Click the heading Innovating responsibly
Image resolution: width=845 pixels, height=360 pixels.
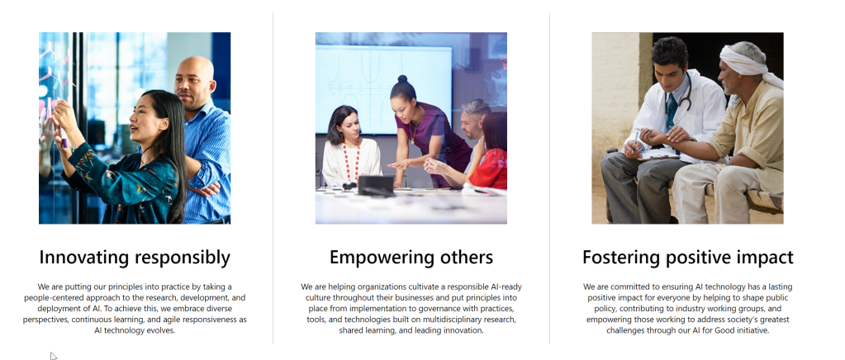coord(135,258)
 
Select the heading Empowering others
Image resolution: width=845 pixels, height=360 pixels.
coord(411,257)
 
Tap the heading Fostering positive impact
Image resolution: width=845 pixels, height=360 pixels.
coord(687,258)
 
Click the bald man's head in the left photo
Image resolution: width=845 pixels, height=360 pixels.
coord(195,79)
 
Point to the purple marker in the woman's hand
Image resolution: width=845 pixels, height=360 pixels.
coord(64,140)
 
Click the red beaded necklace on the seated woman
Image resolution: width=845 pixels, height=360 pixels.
coord(351,161)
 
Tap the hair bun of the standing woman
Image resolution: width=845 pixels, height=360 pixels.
coord(402,78)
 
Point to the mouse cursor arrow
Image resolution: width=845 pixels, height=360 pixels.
coord(54,356)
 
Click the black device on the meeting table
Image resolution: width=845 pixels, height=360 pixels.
coord(376,186)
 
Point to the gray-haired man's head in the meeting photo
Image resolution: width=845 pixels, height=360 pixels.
coord(474,118)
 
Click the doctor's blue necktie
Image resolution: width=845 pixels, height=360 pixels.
coord(672,113)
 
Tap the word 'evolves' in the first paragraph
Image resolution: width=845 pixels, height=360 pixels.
coord(161,330)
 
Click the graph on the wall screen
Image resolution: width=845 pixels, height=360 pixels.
coord(383,89)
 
